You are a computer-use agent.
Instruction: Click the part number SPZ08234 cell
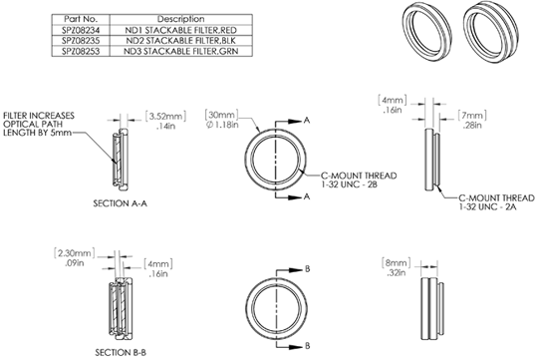click(81, 30)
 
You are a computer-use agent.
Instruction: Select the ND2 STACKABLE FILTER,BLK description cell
click(180, 41)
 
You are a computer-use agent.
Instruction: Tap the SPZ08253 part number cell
click(81, 52)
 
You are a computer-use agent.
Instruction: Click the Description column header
click(180, 19)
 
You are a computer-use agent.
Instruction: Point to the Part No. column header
click(81, 19)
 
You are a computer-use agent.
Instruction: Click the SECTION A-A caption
click(120, 203)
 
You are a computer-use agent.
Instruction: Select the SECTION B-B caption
click(121, 352)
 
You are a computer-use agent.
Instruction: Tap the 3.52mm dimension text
click(165, 117)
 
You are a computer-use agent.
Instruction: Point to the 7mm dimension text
click(472, 115)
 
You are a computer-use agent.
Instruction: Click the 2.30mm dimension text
click(74, 253)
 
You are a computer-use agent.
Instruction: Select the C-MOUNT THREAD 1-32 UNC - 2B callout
click(359, 180)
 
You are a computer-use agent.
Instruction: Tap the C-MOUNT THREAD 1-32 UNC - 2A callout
click(496, 202)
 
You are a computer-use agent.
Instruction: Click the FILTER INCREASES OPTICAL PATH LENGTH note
click(39, 124)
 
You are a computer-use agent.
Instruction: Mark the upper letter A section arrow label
click(307, 121)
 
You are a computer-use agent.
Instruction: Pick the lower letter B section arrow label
click(308, 346)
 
